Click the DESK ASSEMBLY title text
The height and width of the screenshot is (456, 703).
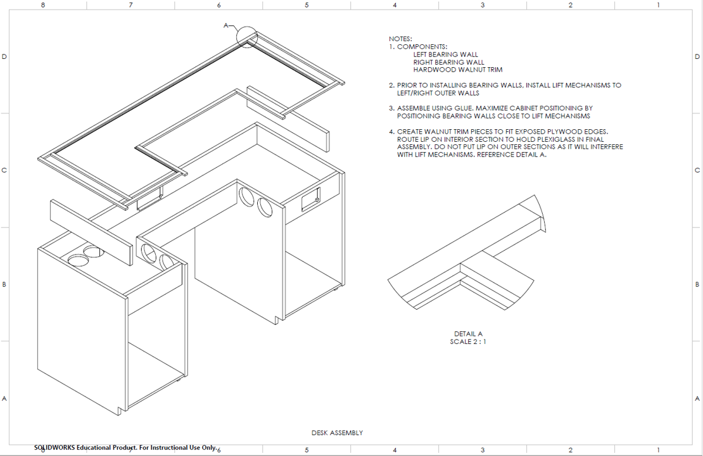click(x=337, y=433)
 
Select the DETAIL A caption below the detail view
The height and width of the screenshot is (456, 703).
click(x=468, y=334)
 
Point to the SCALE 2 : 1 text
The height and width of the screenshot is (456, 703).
click(x=468, y=342)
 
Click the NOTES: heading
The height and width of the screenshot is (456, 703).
click(x=400, y=39)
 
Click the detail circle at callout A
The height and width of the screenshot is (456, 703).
click(x=247, y=37)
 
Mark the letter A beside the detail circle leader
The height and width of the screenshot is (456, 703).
click(x=225, y=25)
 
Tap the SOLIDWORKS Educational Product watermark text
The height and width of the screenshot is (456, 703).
click(x=125, y=448)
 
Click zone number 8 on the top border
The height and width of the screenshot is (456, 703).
click(x=43, y=5)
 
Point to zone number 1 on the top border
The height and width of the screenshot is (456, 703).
click(x=658, y=5)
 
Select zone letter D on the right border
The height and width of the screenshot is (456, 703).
click(x=697, y=57)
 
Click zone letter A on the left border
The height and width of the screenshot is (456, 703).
click(x=4, y=398)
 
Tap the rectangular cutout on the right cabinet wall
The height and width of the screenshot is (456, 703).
click(x=310, y=199)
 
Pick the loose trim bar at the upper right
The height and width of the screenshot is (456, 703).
click(x=288, y=118)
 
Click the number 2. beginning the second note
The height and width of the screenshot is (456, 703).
click(x=392, y=85)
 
